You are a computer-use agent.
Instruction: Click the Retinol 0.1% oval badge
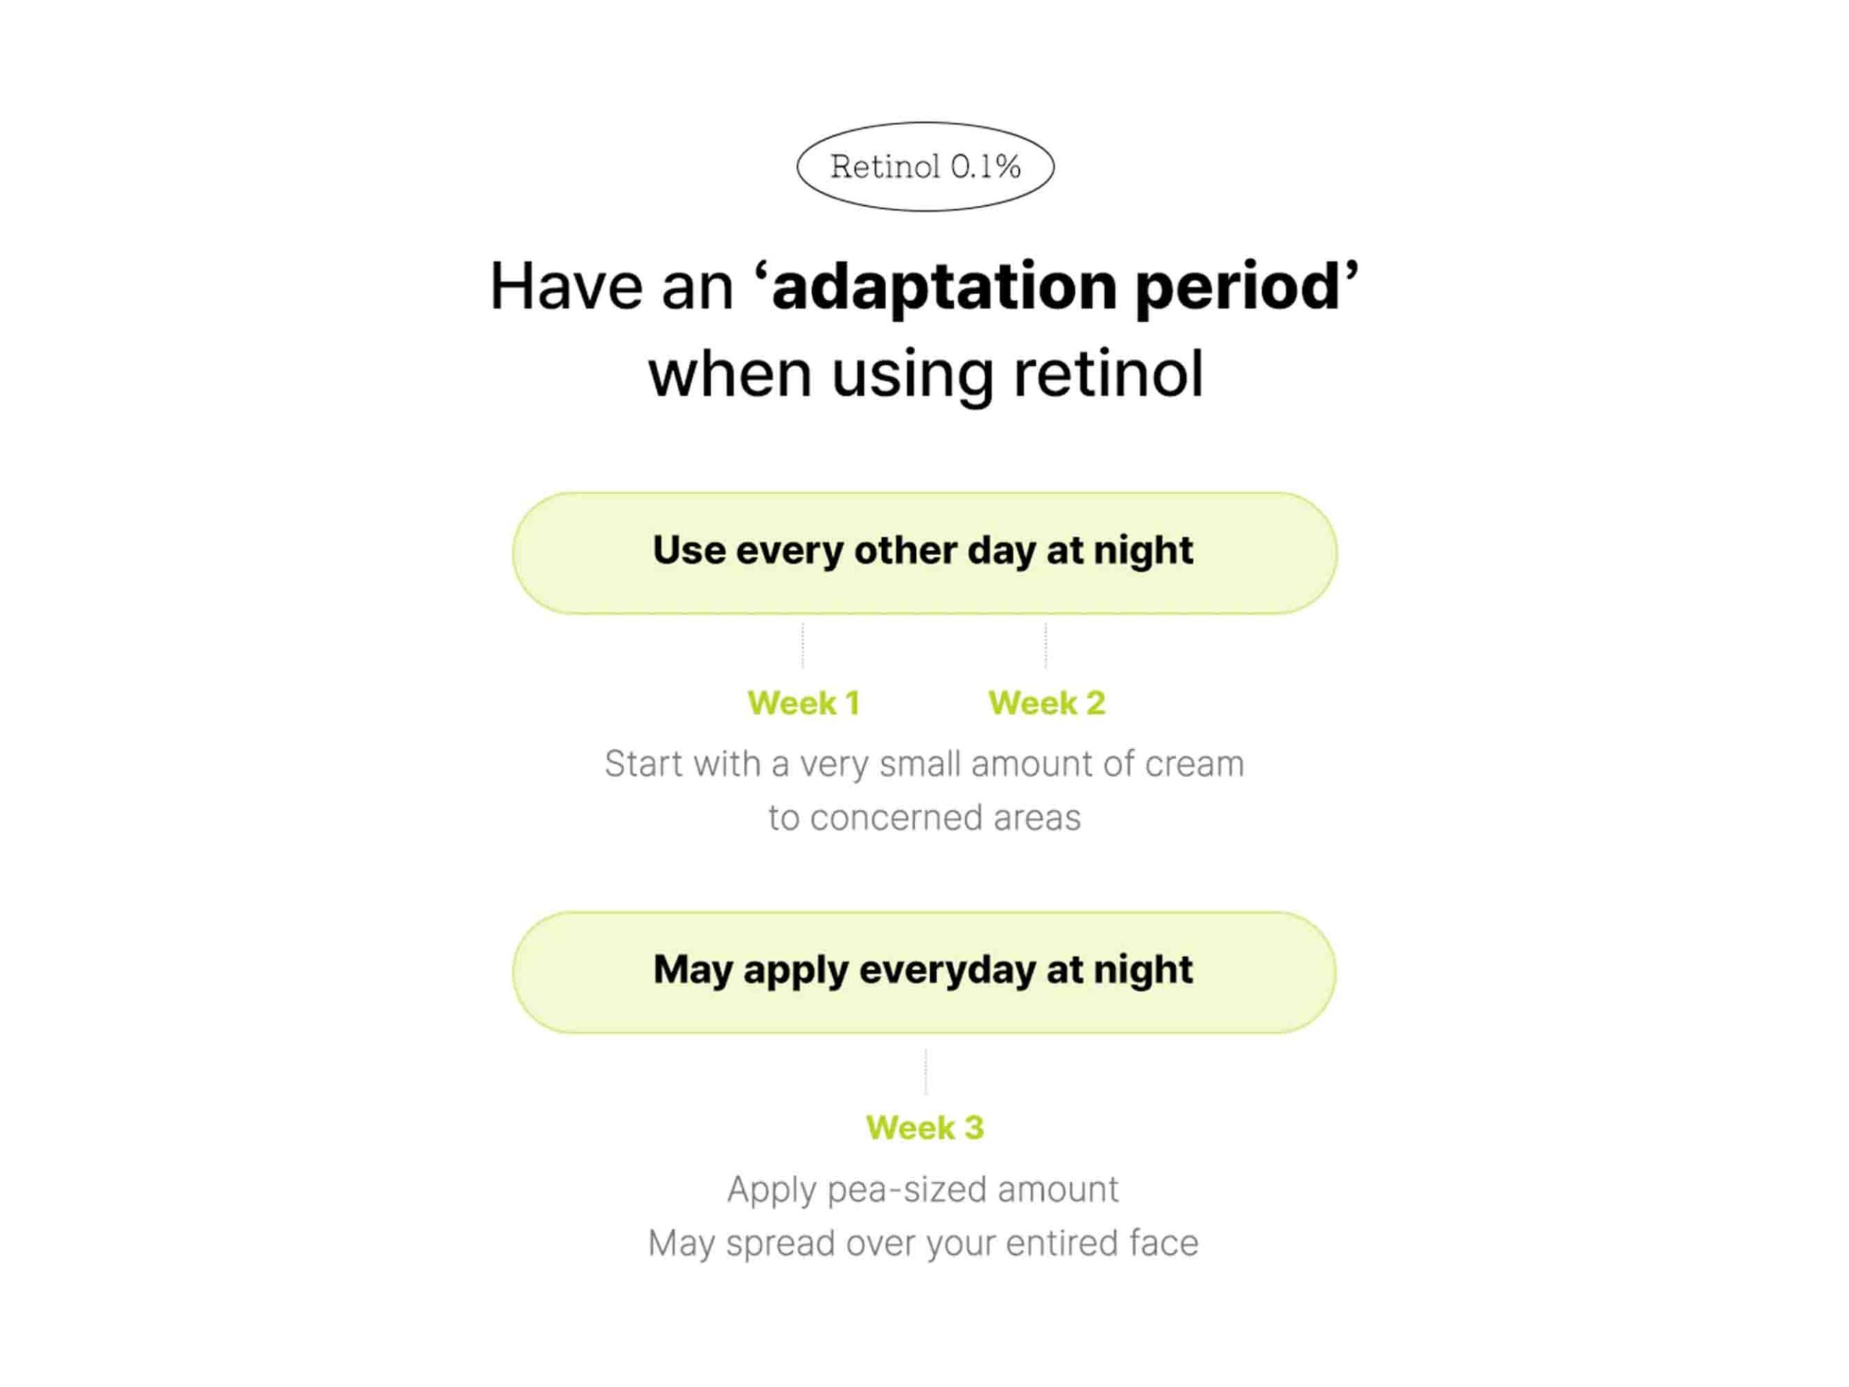point(925,166)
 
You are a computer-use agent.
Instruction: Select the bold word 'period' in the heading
point(1237,287)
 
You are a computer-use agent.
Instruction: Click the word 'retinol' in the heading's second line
point(1109,373)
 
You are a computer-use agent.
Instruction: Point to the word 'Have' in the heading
point(567,287)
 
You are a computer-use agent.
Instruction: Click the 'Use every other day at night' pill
point(924,553)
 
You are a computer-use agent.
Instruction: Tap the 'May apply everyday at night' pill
point(924,972)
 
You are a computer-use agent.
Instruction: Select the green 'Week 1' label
point(803,703)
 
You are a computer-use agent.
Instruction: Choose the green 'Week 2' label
point(1047,703)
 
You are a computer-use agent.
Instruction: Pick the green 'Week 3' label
point(925,1128)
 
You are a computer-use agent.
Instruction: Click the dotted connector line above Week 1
point(802,644)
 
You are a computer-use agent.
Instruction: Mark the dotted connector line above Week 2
point(1046,644)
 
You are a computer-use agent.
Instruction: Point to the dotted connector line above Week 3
point(925,1071)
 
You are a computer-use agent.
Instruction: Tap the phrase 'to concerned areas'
point(924,818)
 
